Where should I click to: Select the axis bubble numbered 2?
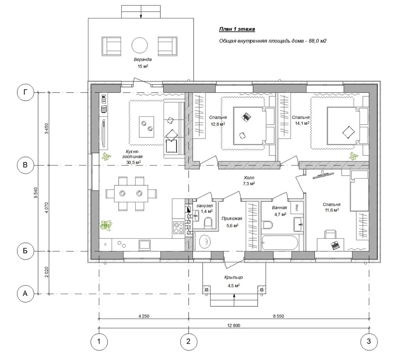tap(188, 341)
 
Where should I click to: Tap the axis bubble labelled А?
tap(25, 293)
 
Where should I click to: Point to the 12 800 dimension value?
tap(233, 325)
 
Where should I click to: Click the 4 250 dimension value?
tap(144, 316)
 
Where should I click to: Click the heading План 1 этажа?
tap(237, 29)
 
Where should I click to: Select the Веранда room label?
tap(143, 59)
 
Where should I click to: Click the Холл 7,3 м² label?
tap(249, 180)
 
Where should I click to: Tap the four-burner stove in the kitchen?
tap(178, 227)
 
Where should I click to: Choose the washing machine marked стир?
tap(297, 207)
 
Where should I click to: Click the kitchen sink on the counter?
tap(145, 245)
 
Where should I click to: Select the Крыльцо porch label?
tap(233, 277)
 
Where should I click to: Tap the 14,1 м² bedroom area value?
tap(302, 123)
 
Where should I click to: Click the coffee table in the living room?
tap(147, 127)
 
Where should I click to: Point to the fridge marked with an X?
tap(105, 244)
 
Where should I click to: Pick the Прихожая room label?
tap(232, 219)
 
